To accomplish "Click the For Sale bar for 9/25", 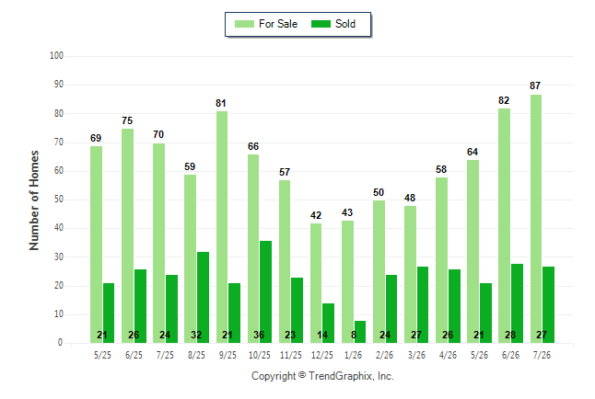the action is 222,227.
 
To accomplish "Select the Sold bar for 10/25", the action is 265,291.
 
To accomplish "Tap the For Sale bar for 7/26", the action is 536,219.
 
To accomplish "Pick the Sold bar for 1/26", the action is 360,332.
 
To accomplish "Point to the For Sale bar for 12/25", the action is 316,283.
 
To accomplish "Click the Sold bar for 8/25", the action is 203,298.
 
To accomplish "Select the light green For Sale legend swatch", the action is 244,24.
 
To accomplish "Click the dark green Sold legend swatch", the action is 321,24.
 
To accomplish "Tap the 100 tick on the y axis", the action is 56,56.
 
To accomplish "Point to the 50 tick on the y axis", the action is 58,199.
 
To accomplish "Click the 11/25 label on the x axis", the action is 291,355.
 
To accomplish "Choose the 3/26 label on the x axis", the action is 416,355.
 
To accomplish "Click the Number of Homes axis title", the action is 34,200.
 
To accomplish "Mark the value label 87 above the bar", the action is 535,85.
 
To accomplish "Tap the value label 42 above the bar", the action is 316,215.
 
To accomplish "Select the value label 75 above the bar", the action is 127,120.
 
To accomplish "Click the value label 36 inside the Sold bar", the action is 259,335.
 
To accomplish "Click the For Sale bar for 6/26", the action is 505,226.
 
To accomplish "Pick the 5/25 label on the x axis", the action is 102,355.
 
